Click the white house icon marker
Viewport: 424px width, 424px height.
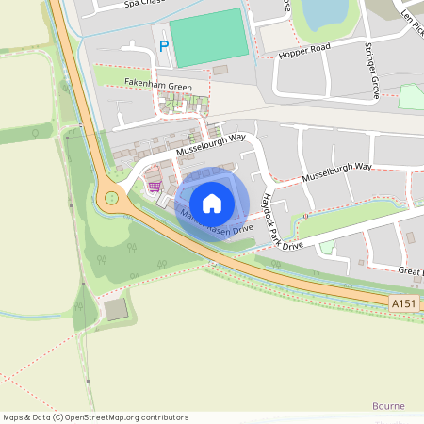coord(212,203)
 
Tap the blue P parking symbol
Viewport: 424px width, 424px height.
coord(164,45)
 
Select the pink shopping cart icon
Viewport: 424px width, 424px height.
coord(154,186)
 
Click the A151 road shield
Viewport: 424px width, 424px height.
coord(402,302)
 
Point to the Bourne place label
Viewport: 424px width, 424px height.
coord(388,406)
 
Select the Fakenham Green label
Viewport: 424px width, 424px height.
coord(158,87)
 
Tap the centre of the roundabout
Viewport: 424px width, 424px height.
coord(113,198)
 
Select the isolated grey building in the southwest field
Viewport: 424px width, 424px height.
coord(115,309)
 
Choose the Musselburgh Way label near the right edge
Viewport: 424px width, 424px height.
coord(336,172)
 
